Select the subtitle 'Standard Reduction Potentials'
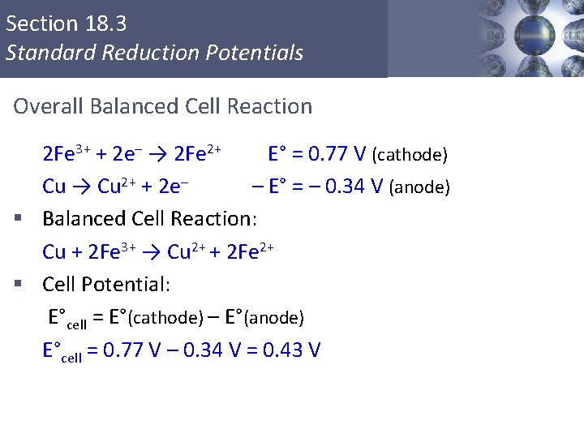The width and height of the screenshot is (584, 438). pyautogui.click(x=154, y=54)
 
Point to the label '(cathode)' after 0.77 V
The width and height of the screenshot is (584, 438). pyautogui.click(x=410, y=155)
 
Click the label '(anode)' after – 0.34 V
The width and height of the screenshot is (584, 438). pyautogui.click(x=419, y=187)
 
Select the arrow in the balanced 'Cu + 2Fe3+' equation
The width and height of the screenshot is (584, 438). pyautogui.click(x=152, y=252)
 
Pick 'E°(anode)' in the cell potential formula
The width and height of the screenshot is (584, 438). pyautogui.click(x=264, y=317)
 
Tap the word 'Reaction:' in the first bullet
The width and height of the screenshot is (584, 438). pyautogui.click(x=216, y=219)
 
